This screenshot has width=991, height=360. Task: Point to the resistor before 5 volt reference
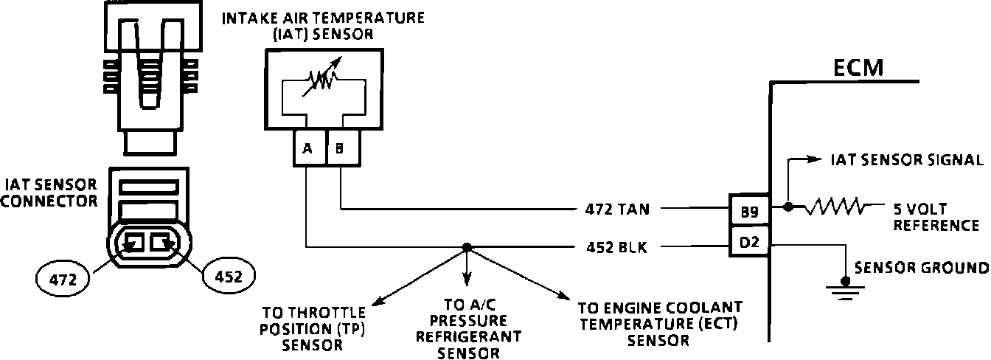[x=835, y=207]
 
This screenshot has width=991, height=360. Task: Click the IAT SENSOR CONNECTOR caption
[x=50, y=192]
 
